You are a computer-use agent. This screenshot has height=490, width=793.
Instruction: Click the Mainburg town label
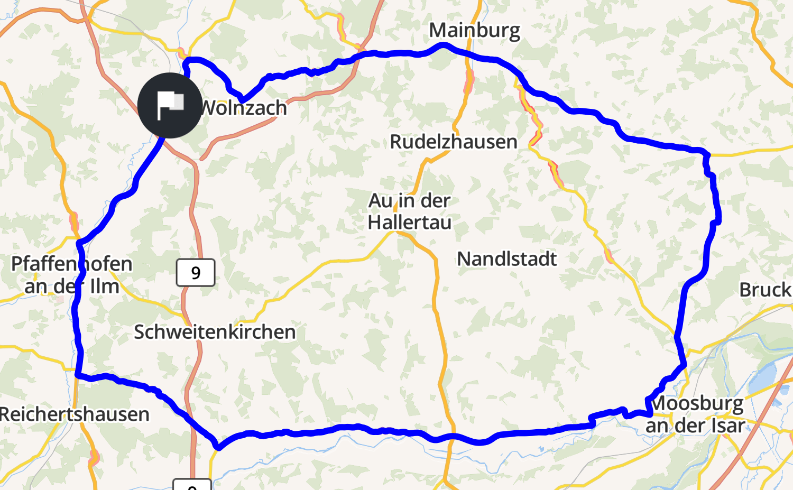474,31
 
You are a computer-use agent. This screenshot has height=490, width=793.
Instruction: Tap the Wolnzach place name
244,108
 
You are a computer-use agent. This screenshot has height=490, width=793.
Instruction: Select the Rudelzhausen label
453,142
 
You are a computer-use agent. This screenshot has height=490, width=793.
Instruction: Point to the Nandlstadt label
506,259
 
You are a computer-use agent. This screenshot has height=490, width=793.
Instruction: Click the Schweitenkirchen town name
215,332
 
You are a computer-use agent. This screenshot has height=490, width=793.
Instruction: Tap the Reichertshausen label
75,414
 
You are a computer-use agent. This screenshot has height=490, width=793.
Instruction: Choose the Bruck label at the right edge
765,290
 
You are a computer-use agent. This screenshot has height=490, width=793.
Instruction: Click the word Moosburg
697,403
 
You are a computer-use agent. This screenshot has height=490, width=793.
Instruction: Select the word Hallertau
410,223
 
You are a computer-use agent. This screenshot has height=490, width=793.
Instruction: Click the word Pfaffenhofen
72,263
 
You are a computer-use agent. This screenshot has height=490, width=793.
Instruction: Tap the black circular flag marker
170,106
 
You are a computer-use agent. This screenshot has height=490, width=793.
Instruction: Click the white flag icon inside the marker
170,104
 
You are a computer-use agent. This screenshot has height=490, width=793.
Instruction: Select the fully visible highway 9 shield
196,273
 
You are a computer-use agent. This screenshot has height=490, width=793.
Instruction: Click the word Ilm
104,286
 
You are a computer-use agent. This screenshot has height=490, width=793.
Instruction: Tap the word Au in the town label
381,201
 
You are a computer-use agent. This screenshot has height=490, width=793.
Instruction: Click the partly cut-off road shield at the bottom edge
192,485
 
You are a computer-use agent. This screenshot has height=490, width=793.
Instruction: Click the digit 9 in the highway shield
196,273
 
